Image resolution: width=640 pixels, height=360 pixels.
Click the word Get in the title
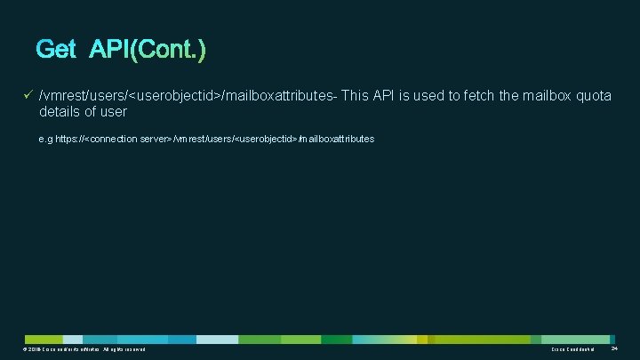tap(56, 50)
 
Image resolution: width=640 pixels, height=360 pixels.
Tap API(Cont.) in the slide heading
tap(148, 50)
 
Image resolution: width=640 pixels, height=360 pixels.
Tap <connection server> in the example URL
tap(126, 140)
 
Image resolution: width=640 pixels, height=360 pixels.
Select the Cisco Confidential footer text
tap(572, 351)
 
